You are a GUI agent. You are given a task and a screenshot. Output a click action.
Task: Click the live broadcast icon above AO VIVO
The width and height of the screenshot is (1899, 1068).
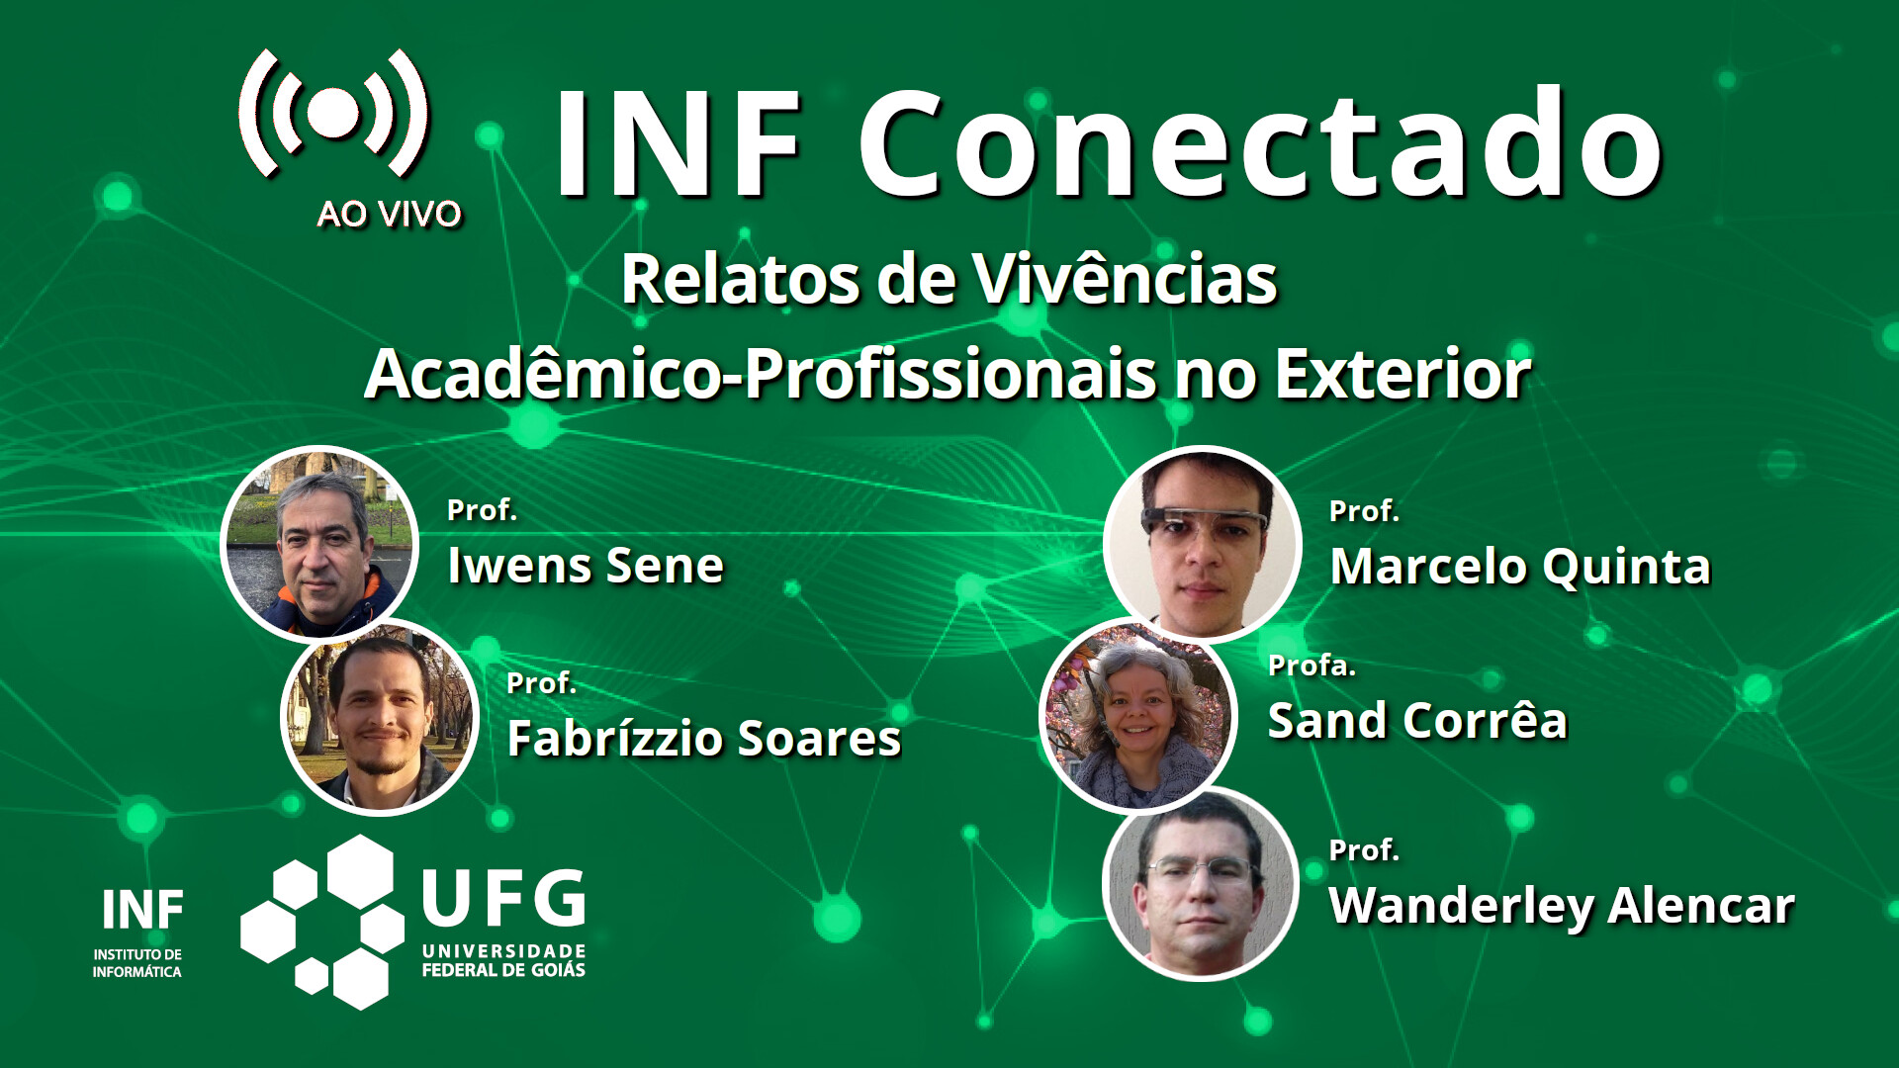(x=333, y=113)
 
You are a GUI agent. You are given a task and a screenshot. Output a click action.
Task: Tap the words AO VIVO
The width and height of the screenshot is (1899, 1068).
(x=390, y=214)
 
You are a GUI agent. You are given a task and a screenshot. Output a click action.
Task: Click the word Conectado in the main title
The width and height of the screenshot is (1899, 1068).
(x=1261, y=143)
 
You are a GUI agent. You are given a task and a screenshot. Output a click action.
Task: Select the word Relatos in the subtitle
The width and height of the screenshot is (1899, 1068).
(x=741, y=279)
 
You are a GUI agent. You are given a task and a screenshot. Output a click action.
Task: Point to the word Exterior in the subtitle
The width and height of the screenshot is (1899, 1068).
(x=1403, y=374)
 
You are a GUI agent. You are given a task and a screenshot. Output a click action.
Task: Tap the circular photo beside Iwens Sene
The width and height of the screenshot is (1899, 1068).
(x=319, y=544)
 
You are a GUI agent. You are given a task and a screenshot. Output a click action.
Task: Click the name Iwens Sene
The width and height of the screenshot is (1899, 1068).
(x=586, y=566)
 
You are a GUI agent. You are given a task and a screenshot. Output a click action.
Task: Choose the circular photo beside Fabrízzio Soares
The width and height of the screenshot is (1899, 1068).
(x=381, y=717)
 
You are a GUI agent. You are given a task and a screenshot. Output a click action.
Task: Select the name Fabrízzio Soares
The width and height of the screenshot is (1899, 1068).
(x=704, y=738)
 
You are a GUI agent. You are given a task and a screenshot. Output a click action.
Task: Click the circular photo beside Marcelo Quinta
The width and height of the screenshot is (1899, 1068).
(x=1203, y=544)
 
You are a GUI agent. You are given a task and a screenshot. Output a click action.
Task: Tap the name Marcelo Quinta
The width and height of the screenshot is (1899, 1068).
(x=1520, y=568)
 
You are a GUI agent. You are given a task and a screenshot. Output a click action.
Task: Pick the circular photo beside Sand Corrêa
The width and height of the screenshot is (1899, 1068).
(x=1138, y=716)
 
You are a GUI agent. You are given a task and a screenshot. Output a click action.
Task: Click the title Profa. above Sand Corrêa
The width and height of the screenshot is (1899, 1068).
(x=1311, y=666)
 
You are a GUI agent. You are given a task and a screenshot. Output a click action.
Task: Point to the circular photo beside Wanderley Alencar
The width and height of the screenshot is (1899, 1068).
(x=1201, y=883)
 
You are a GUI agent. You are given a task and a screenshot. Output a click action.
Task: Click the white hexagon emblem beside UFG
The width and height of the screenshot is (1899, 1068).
(x=323, y=922)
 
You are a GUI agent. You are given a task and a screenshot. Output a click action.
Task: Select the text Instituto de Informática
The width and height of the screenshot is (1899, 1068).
(x=137, y=963)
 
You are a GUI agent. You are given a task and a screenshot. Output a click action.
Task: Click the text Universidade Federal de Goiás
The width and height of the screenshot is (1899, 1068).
(x=503, y=961)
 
